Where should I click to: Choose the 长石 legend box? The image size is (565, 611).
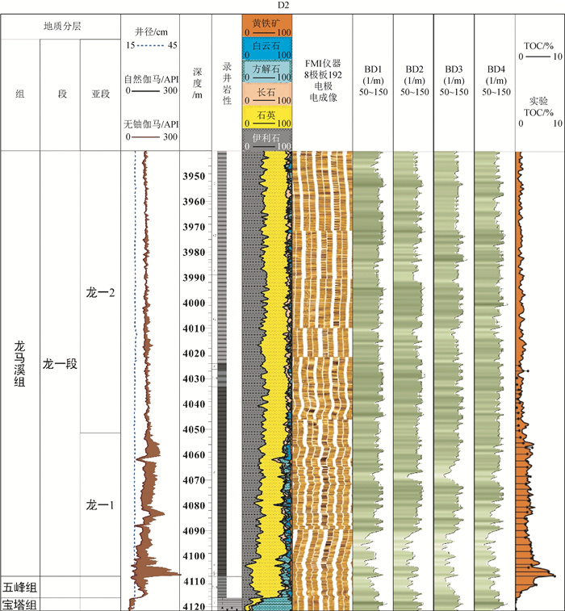266,94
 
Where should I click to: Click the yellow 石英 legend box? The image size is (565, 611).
266,118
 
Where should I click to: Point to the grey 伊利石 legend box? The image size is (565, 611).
266,140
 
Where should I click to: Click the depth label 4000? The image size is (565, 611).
195,303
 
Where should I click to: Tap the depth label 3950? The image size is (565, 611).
195,176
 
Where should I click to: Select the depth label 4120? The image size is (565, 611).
195,606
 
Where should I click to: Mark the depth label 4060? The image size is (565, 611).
195,455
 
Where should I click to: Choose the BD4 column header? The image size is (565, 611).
495,81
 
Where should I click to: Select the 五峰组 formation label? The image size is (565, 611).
21,587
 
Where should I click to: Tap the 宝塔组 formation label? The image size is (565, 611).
21,604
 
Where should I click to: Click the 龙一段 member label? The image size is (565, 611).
61,363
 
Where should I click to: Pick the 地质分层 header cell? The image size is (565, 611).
61,27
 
